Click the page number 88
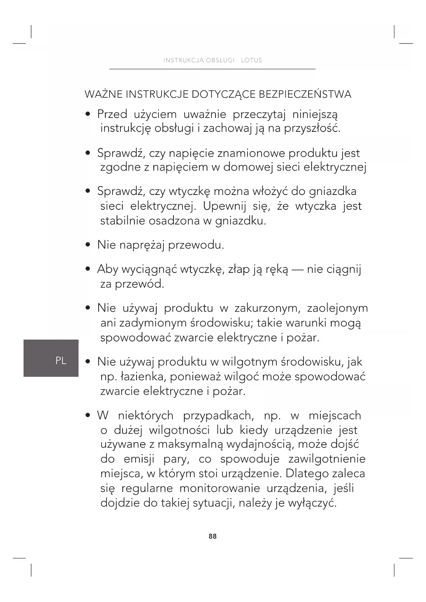coord(212,536)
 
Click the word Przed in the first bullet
coord(112,114)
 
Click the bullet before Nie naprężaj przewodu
coord(88,245)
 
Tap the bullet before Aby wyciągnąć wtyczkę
coord(88,269)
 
